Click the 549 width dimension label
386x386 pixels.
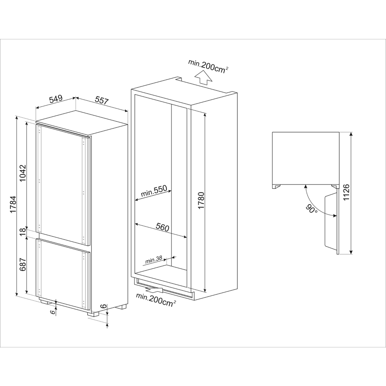pyautogui.click(x=56, y=99)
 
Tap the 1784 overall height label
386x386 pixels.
pyautogui.click(x=13, y=205)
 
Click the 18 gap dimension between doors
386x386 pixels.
pyautogui.click(x=23, y=232)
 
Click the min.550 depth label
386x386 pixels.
pyautogui.click(x=153, y=191)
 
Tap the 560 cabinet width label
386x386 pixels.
pyautogui.click(x=163, y=227)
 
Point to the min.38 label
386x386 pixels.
pyautogui.click(x=154, y=260)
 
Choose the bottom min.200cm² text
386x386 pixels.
pyautogui.click(x=156, y=300)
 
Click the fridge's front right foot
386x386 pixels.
pyautogui.click(x=93, y=314)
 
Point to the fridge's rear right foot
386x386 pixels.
pyautogui.click(x=123, y=307)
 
